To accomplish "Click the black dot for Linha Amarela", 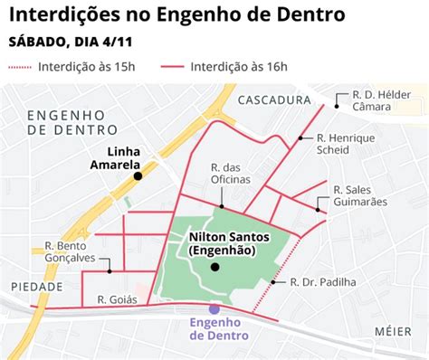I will click(x=138, y=176).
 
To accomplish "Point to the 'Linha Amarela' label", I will click(x=115, y=158).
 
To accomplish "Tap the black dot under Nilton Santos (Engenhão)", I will click(x=214, y=267).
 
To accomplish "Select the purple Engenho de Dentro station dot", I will click(x=214, y=308).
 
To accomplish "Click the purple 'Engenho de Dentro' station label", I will click(x=214, y=329).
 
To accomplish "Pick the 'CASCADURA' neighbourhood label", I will click(x=275, y=100).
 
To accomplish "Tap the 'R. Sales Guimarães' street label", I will click(x=359, y=195).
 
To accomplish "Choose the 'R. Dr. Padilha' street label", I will click(x=323, y=282).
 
